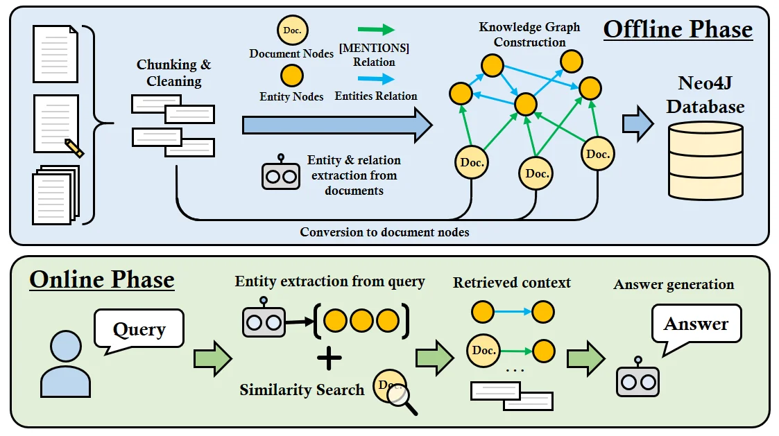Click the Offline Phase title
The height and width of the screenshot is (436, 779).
(x=678, y=29)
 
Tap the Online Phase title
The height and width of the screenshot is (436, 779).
(x=102, y=279)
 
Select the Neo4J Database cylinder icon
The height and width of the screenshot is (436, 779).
(x=705, y=160)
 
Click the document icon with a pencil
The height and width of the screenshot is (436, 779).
(x=58, y=125)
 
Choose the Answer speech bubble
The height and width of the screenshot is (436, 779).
(x=696, y=324)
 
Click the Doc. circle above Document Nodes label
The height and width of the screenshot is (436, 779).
(x=292, y=31)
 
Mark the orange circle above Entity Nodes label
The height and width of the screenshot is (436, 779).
(x=292, y=76)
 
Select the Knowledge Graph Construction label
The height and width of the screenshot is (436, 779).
(x=529, y=35)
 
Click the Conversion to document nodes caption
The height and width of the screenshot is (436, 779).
(x=384, y=232)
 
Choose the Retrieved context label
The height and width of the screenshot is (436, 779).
(x=512, y=283)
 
